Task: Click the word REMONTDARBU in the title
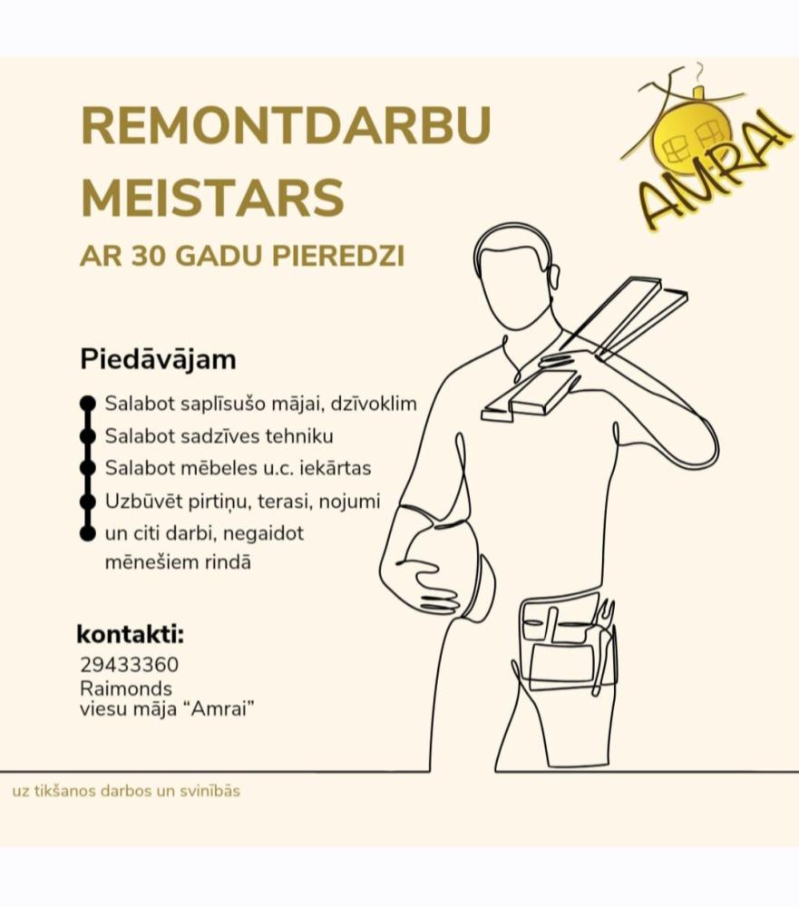point(286,125)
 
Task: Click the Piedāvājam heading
point(159,359)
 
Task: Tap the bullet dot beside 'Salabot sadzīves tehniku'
point(88,436)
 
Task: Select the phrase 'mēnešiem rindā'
point(178,562)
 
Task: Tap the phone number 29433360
point(129,665)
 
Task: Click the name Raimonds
point(125,688)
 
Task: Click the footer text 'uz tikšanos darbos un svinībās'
point(126,791)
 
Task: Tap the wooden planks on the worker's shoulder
point(590,349)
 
